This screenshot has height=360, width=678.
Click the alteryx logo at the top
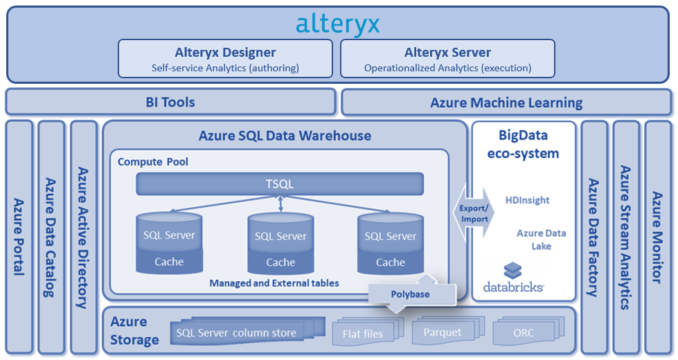[338, 24]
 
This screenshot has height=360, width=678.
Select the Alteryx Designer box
[225, 58]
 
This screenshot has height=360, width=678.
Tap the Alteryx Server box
[447, 58]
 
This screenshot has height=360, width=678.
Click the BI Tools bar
[170, 102]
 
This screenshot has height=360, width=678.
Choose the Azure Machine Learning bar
[506, 102]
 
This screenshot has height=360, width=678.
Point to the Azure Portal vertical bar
[19, 235]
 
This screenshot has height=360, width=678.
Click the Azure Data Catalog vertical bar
[51, 235]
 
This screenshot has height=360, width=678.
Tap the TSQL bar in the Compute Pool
[280, 184]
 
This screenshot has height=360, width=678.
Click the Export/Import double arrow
[475, 213]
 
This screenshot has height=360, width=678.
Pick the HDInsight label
[527, 200]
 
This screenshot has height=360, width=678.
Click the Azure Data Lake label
[541, 240]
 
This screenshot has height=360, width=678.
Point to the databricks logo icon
[512, 271]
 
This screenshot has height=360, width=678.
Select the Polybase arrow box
[410, 294]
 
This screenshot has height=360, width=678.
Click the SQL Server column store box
[236, 332]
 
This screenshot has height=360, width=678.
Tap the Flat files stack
[363, 333]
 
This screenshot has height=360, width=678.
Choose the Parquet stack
[443, 332]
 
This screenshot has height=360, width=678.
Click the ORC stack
[524, 332]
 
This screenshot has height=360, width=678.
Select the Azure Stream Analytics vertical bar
[625, 235]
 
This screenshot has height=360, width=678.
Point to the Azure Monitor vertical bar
[657, 235]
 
